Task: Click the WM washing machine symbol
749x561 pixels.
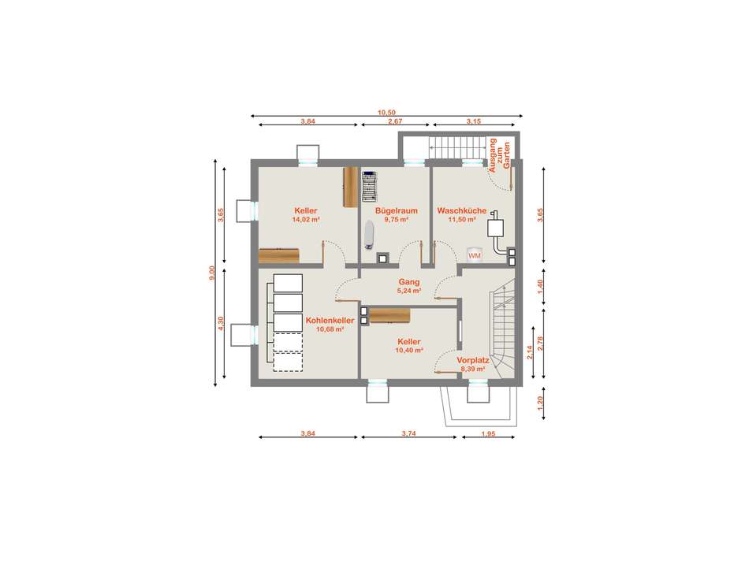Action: click(x=475, y=254)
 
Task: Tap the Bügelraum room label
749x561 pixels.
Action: click(x=397, y=210)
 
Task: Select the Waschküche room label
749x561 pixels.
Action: click(x=462, y=210)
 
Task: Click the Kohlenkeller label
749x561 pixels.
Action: click(x=330, y=321)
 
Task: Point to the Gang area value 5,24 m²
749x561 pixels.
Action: click(x=409, y=290)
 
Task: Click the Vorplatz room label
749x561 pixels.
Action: click(x=473, y=360)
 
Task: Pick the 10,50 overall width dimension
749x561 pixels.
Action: click(x=387, y=113)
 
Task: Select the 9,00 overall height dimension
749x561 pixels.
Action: click(x=212, y=273)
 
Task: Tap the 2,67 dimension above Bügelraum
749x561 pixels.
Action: click(x=395, y=121)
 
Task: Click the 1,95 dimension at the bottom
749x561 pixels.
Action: click(x=488, y=434)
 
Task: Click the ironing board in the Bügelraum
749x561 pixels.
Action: click(x=368, y=234)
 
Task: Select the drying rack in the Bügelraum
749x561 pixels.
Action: click(x=370, y=187)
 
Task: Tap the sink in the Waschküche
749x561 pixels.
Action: click(x=496, y=228)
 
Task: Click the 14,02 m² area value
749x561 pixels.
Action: click(x=306, y=220)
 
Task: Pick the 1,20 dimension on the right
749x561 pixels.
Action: click(x=541, y=403)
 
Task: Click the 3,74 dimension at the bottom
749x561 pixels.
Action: click(x=409, y=434)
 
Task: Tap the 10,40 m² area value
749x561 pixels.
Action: click(x=409, y=350)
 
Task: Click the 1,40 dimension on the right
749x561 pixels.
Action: click(x=541, y=285)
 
